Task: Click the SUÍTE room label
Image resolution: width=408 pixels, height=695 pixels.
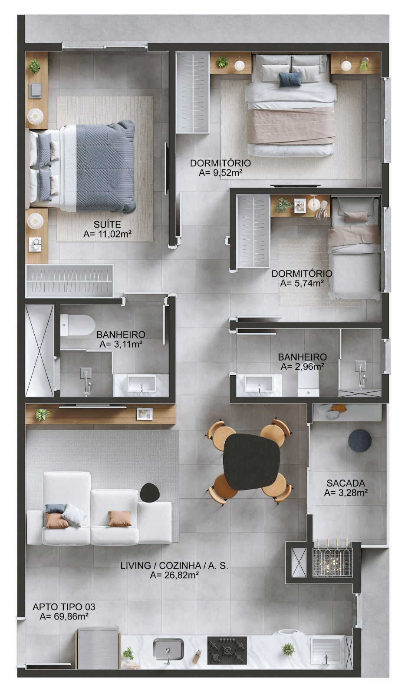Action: [x=107, y=224]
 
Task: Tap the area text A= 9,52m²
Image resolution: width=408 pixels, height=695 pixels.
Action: [x=220, y=173]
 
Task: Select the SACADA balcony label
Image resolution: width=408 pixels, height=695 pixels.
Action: [x=345, y=483]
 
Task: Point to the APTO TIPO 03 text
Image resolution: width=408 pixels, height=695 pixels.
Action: [x=64, y=606]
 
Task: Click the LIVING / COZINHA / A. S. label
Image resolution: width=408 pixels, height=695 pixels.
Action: [x=174, y=566]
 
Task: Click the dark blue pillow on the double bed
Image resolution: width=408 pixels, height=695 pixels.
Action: [x=290, y=79]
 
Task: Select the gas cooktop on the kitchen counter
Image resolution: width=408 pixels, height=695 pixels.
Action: [x=227, y=650]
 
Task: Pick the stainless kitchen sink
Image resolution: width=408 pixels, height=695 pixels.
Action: [x=168, y=649]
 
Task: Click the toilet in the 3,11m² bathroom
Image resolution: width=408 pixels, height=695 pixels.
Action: [x=78, y=325]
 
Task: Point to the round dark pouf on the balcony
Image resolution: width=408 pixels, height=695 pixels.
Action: [x=360, y=440]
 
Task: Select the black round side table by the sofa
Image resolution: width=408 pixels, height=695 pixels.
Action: [x=150, y=493]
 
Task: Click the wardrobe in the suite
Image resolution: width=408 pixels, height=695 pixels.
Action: [x=69, y=281]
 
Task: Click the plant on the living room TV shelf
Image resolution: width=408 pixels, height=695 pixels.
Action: [x=42, y=414]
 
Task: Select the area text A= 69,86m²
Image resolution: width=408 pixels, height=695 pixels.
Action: [x=64, y=616]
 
